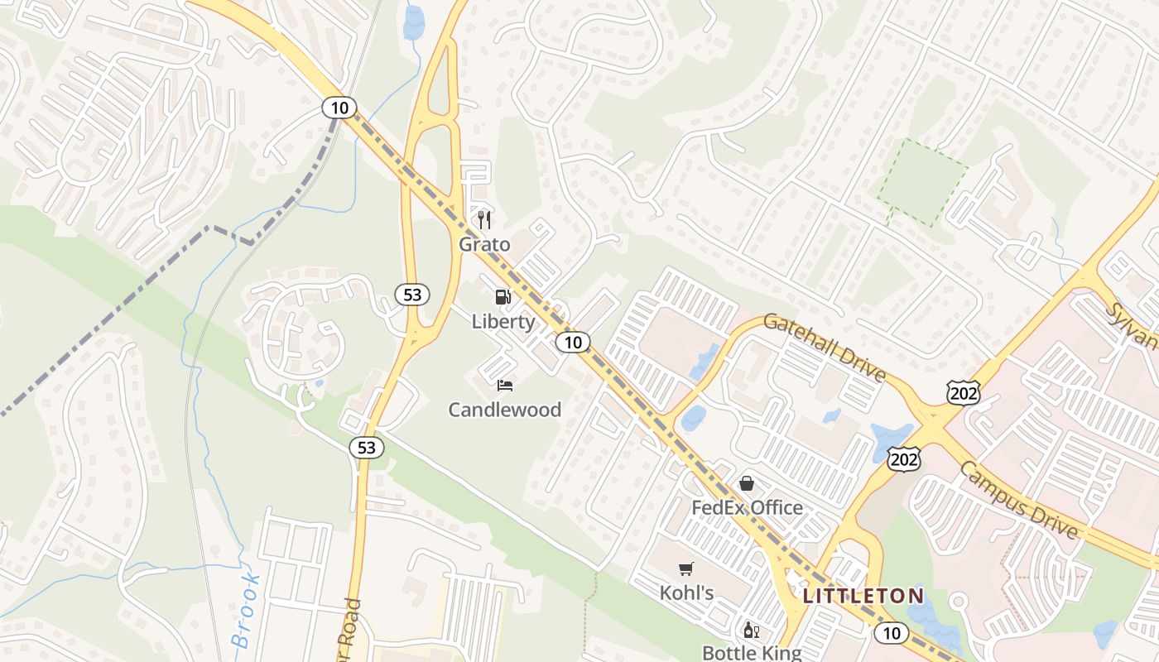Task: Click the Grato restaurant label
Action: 485,245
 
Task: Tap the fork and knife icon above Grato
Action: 485,220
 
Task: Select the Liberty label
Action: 503,321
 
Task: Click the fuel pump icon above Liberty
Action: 503,297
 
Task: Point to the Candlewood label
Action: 505,410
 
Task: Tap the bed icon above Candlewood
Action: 505,386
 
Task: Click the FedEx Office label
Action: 747,507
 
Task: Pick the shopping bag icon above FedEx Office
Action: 747,483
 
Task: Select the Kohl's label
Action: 686,592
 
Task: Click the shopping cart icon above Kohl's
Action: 685,568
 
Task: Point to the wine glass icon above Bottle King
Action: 751,631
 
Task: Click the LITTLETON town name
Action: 863,596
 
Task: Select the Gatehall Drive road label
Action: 825,348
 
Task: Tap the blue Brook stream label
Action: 245,611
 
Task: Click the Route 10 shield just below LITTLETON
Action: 891,633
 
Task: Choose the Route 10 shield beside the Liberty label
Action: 573,342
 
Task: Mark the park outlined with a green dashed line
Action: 921,183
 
